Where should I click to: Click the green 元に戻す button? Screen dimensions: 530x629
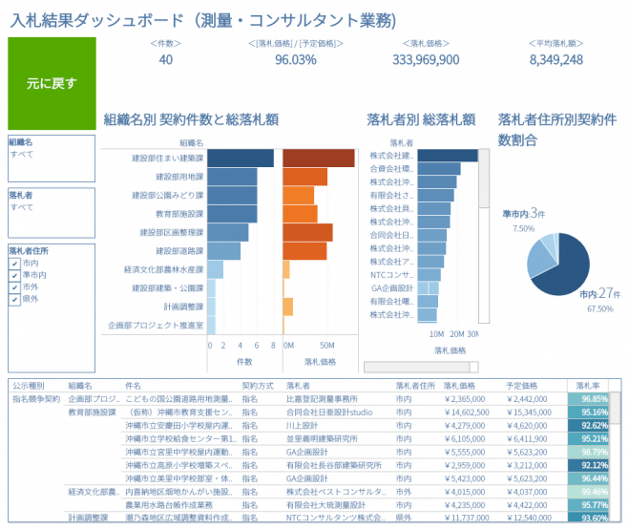(52, 83)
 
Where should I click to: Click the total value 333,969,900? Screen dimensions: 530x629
(426, 59)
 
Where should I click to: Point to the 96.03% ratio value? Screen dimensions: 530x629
(295, 59)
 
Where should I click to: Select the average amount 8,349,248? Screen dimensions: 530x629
(556, 59)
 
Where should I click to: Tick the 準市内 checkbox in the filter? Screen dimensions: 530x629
(14, 274)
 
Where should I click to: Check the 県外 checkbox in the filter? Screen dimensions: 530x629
(14, 299)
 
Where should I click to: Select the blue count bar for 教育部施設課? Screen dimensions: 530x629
(232, 213)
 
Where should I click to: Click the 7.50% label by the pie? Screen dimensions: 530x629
(523, 229)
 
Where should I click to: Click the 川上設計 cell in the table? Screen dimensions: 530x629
(305, 425)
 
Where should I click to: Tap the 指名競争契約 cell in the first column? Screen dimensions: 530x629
(36, 398)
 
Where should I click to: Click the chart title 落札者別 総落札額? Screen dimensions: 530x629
(421, 120)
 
